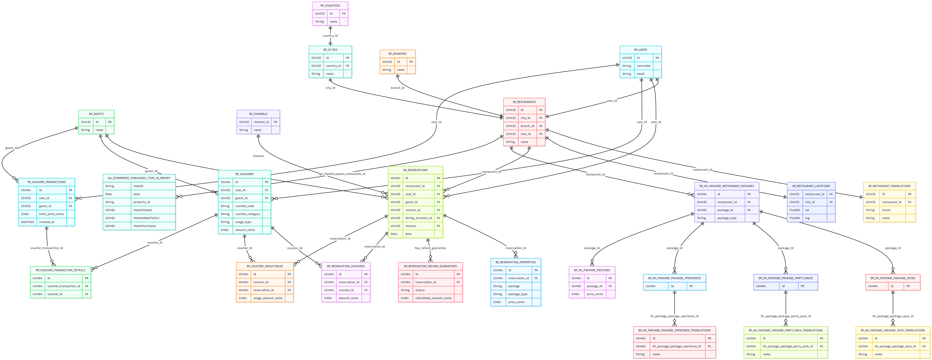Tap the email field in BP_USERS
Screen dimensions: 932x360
(x=641, y=74)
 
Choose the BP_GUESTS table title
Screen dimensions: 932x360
(x=96, y=114)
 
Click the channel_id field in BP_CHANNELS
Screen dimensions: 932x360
(x=261, y=122)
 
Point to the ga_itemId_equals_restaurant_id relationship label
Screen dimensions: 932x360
(x=342, y=174)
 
